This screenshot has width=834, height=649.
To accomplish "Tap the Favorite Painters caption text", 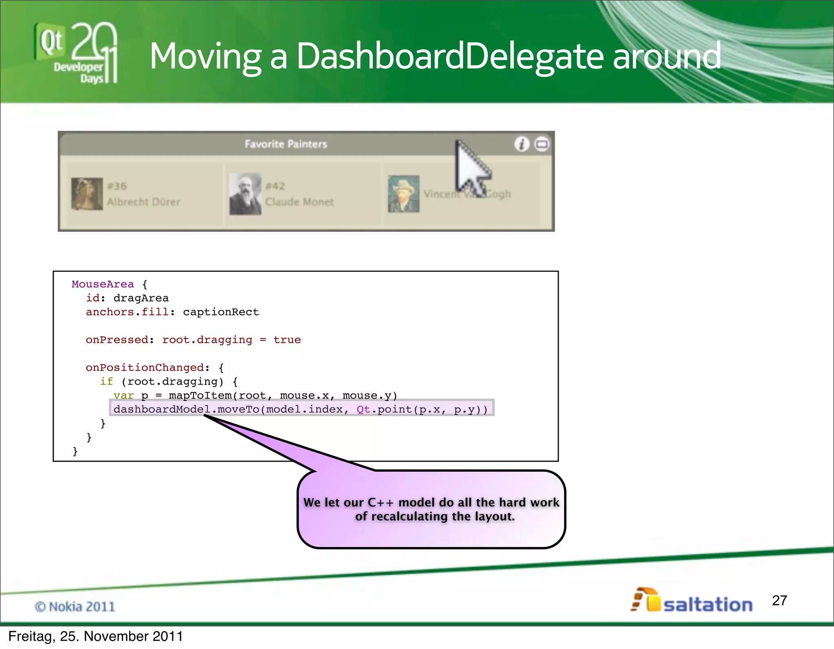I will click(286, 144).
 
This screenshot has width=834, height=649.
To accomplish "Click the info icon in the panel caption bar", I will click(522, 144).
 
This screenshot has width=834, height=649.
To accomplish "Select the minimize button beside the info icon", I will click(542, 144).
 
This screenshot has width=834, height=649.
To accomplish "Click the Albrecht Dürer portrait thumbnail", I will click(87, 194).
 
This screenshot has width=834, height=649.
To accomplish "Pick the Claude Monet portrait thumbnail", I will click(245, 194).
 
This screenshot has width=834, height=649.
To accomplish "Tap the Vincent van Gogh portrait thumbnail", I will click(404, 194).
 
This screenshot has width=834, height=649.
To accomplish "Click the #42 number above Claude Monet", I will click(275, 186).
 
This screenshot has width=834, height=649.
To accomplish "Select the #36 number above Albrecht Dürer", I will click(117, 186).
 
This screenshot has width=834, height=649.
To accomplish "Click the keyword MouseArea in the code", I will click(103, 284).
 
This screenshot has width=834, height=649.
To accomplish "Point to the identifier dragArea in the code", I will click(141, 298).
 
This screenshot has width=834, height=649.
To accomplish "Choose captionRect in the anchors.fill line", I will click(221, 312).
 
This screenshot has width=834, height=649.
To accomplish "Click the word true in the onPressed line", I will click(287, 340).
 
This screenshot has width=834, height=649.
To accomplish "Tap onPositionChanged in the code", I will click(145, 367).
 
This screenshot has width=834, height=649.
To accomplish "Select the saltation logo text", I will click(708, 605).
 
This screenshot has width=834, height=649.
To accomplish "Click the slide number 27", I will click(779, 601).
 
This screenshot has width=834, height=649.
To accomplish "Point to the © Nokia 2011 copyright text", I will click(75, 607).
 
